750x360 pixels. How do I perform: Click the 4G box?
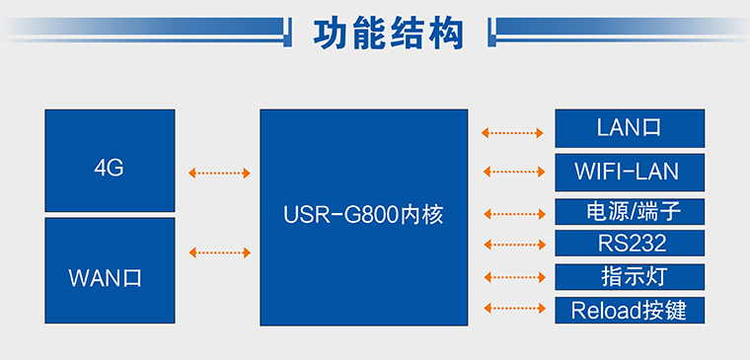110,161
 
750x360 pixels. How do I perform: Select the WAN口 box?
110,271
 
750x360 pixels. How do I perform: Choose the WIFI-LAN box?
630,172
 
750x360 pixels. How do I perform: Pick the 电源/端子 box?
630,211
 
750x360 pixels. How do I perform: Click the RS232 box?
630,244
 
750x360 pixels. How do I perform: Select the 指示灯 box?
630,276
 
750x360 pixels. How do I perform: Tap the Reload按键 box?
630,311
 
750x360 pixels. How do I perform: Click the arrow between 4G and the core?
219,174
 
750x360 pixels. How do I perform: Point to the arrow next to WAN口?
219,253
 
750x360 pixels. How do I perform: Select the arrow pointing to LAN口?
513,132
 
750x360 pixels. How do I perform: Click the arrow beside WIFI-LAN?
513,172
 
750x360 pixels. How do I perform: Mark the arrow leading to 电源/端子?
513,212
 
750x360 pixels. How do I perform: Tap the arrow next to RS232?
513,244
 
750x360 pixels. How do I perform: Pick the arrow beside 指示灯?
513,277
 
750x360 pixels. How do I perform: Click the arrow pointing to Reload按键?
513,310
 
